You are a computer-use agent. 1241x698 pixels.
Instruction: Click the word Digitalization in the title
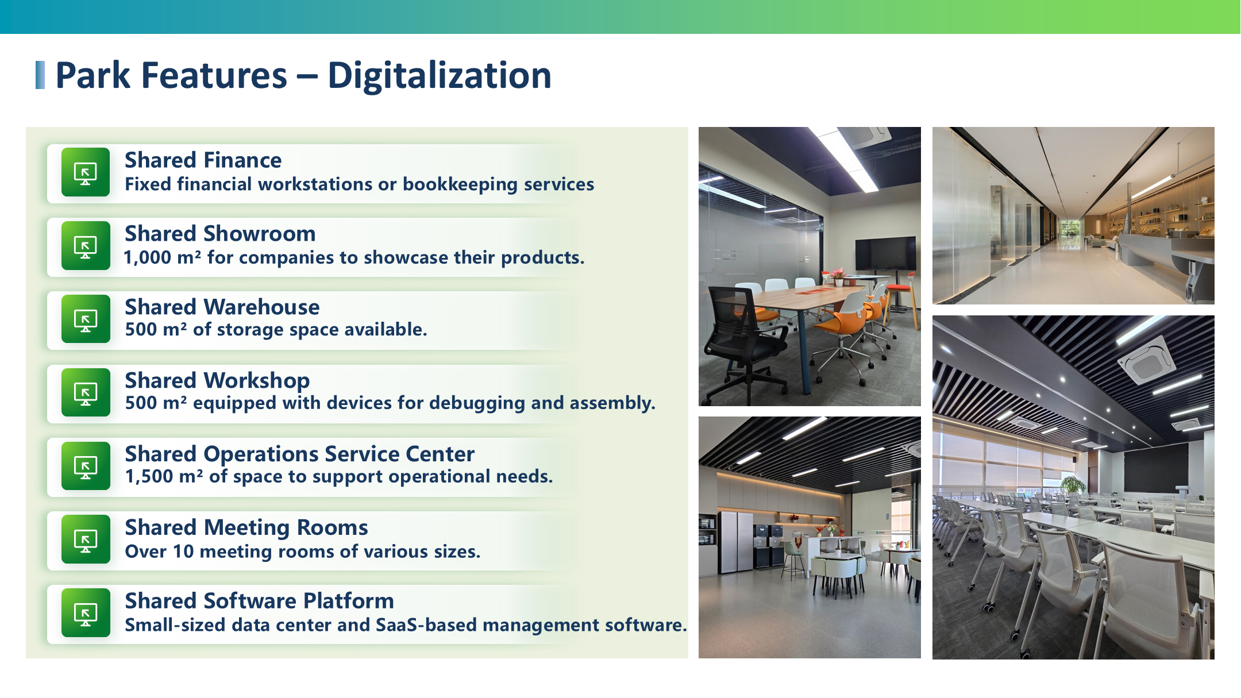click(x=440, y=76)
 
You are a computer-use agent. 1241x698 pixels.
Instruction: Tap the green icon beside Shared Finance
click(x=86, y=172)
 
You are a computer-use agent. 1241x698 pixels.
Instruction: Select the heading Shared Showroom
click(x=220, y=234)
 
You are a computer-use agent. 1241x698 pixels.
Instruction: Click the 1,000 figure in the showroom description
click(x=148, y=258)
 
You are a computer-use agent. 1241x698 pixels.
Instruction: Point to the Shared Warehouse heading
click(x=222, y=307)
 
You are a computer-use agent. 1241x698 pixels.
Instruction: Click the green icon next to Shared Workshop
click(x=86, y=392)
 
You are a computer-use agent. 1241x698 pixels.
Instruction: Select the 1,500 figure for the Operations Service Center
click(x=149, y=477)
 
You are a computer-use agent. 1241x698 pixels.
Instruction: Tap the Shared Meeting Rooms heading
click(x=246, y=527)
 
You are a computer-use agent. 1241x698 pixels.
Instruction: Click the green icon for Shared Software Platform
click(x=86, y=613)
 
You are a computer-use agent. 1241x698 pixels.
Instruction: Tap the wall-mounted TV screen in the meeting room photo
click(x=885, y=254)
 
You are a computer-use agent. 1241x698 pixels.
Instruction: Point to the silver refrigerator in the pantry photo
click(x=735, y=541)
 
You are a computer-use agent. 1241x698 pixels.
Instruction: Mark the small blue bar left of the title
click(x=40, y=75)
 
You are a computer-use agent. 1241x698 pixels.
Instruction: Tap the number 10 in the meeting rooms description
click(x=183, y=552)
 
